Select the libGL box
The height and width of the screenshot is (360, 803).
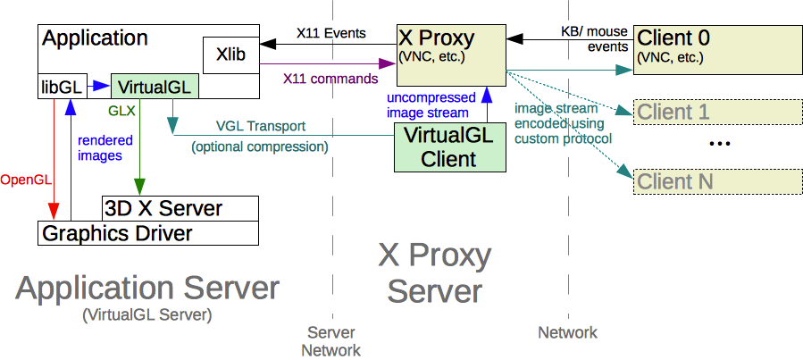point(60,87)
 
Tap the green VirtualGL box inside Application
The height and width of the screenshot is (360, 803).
point(154,87)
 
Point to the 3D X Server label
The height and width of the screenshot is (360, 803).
point(163,209)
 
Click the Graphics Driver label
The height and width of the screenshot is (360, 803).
point(116,233)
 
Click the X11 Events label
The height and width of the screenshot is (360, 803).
point(330,34)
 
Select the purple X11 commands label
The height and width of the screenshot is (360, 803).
point(330,79)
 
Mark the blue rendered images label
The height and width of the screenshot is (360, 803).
point(105,147)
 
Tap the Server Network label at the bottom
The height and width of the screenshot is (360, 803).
point(330,340)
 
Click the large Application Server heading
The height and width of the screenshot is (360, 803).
point(147,289)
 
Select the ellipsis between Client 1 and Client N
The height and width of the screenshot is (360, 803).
point(720,145)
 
